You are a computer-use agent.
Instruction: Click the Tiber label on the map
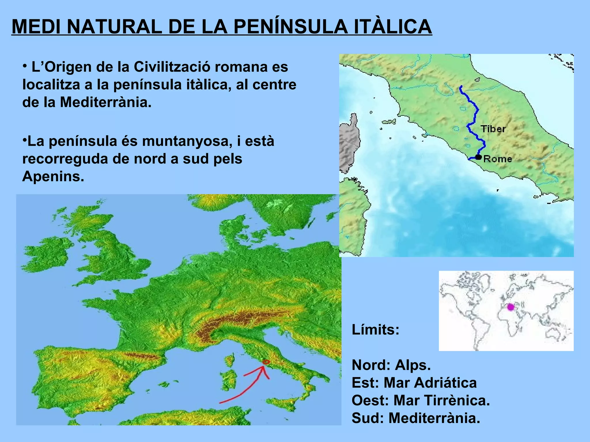493,129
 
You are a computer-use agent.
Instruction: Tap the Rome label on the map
498,159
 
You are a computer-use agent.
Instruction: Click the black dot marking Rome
479,157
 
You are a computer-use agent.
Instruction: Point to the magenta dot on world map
510,307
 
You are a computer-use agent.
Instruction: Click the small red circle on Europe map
266,362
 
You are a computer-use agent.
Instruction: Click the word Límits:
375,329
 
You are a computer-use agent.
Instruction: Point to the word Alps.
413,365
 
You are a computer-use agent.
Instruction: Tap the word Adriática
430,383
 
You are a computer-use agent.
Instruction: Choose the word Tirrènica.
441,401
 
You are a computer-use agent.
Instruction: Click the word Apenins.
53,176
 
